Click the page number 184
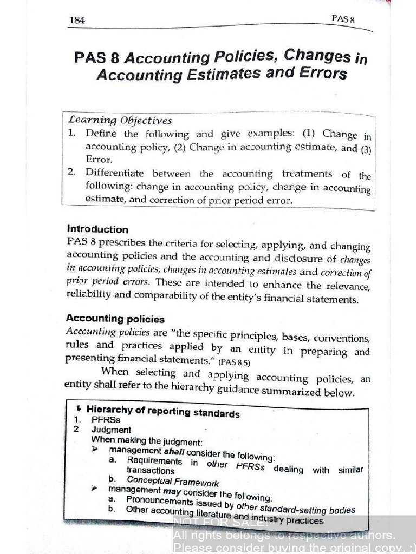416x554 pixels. click(x=79, y=21)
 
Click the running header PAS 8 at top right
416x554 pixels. click(x=342, y=19)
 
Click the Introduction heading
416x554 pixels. click(x=97, y=229)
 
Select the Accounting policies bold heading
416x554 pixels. click(x=115, y=319)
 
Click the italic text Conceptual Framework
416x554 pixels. click(x=173, y=481)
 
